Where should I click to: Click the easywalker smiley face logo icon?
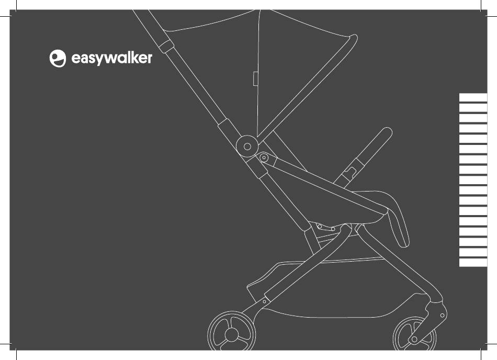point(58,58)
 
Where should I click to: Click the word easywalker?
point(111,58)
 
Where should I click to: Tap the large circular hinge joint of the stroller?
point(247,146)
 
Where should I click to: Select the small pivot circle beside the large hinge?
point(264,157)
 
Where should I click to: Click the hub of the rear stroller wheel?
point(232,335)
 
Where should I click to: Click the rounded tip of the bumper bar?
point(387,132)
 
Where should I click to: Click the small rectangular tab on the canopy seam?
point(255,78)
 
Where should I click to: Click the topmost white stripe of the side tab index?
point(473,97)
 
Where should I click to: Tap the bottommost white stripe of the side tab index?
point(473,262)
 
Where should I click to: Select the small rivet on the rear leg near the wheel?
point(264,302)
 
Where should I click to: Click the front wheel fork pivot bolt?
point(443,316)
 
